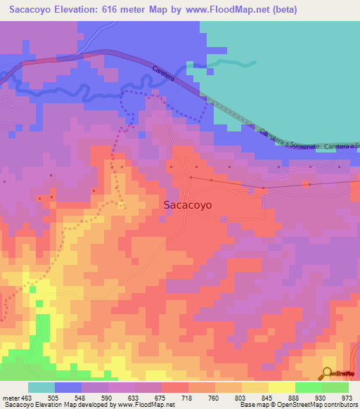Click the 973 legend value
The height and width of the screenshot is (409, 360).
tap(347, 398)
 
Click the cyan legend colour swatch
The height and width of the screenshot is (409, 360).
tap(41, 387)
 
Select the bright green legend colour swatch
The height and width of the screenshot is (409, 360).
tap(308, 387)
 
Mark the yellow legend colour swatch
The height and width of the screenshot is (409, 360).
tap(281, 387)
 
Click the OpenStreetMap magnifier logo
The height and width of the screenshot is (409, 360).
tap(328, 372)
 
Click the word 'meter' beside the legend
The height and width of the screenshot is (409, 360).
tap(11, 398)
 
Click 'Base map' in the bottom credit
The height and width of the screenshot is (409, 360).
tap(252, 405)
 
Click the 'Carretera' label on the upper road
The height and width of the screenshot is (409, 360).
tap(162, 74)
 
